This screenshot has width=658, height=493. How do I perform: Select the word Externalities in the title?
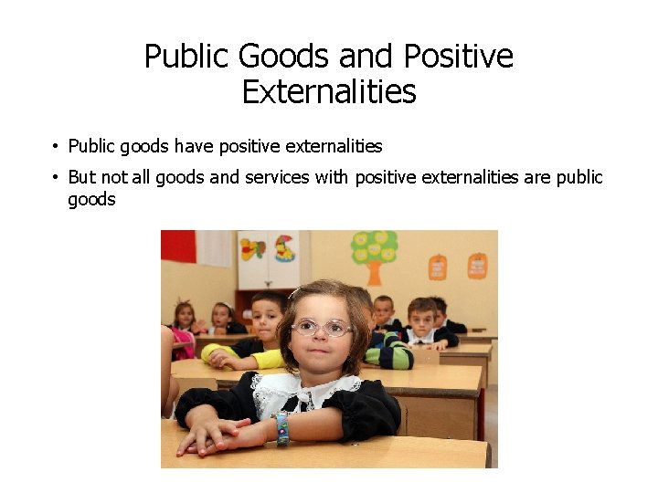[x=329, y=92]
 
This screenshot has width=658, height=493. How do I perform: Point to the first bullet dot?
[x=56, y=146]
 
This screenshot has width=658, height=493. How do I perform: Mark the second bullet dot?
[x=56, y=177]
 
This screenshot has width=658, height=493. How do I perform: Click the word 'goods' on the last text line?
[x=91, y=199]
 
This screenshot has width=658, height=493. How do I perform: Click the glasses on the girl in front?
[x=322, y=327]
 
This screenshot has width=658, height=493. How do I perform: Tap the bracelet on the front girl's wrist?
[x=282, y=428]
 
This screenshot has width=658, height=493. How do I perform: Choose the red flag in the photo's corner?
[x=178, y=246]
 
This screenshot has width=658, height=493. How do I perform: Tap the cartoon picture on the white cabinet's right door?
[x=284, y=247]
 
